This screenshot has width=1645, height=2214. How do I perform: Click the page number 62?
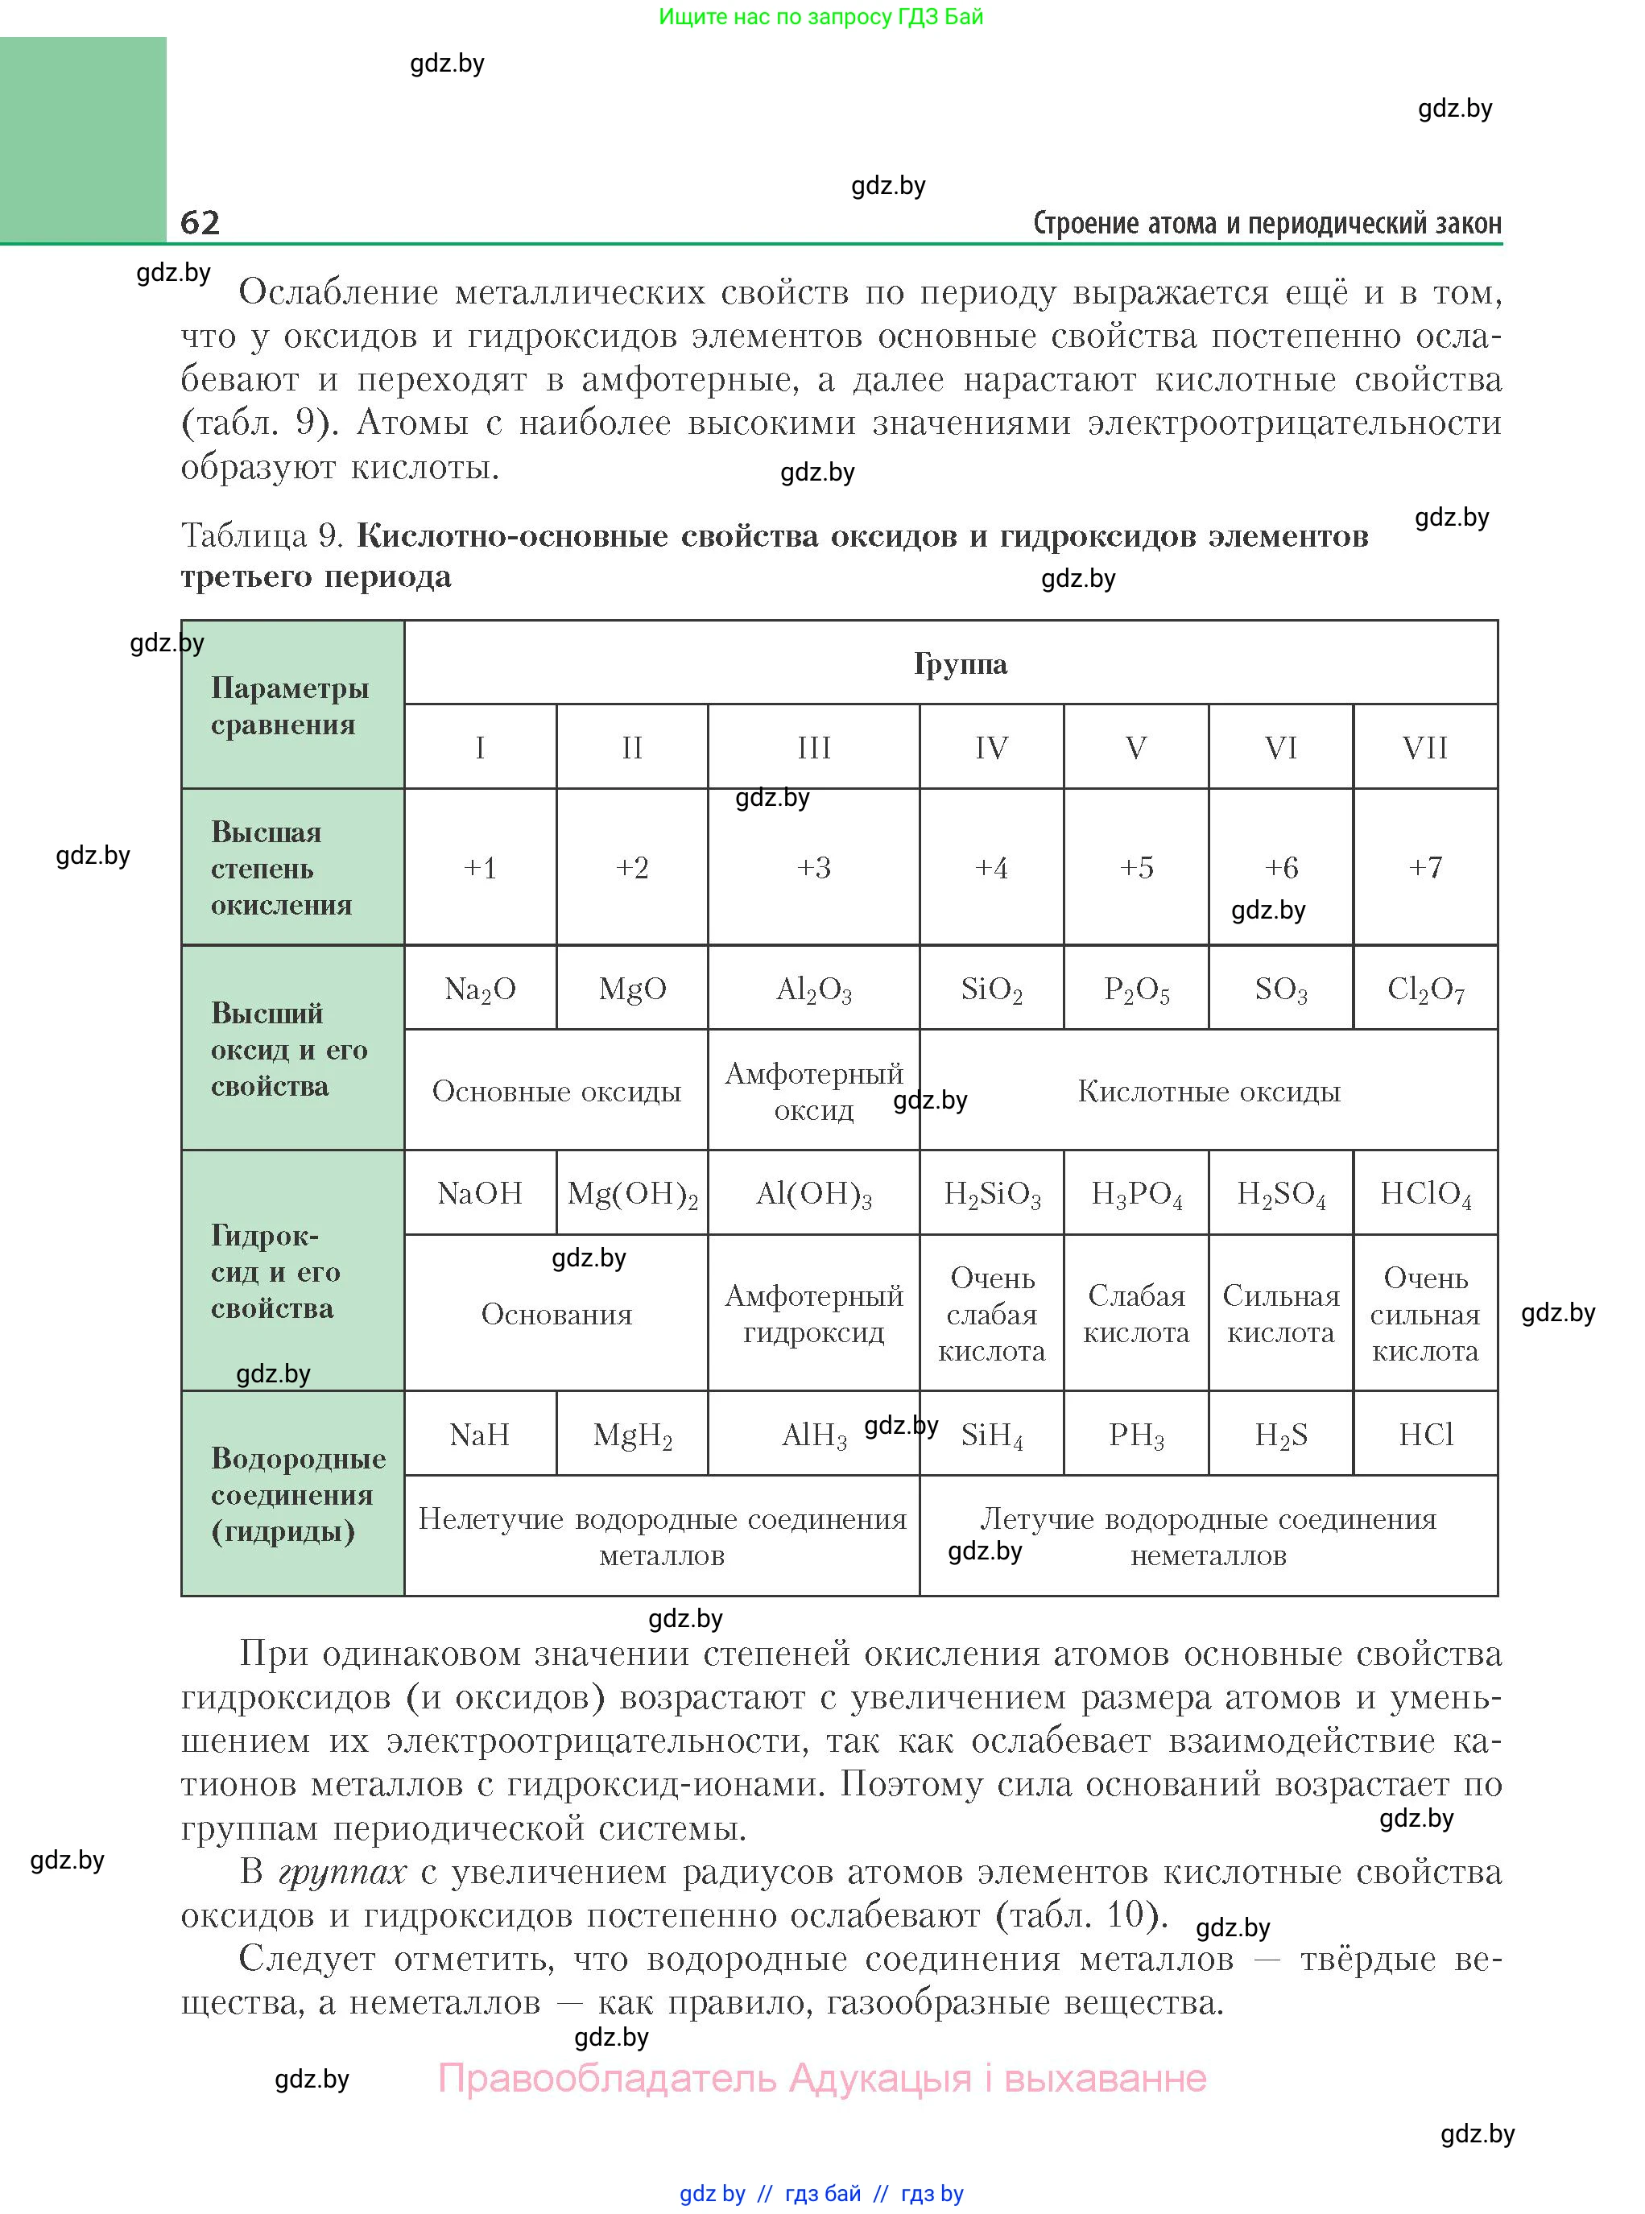click(200, 222)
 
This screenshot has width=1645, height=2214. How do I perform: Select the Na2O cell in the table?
click(480, 989)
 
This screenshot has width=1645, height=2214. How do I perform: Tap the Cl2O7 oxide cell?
click(1425, 989)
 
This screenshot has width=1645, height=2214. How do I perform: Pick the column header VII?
click(1425, 748)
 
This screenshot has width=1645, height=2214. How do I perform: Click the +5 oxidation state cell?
click(1136, 867)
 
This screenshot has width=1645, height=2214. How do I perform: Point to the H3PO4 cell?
click(1136, 1192)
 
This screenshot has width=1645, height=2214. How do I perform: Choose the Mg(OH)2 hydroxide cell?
click(632, 1192)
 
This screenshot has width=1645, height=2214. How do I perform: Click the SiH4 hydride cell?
click(992, 1435)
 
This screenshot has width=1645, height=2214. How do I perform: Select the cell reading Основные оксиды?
click(556, 1091)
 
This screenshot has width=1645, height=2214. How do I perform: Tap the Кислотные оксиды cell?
click(1209, 1091)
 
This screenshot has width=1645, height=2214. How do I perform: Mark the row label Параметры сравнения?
click(290, 706)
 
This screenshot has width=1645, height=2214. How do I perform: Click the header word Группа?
click(960, 663)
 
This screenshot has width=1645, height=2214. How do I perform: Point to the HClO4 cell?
click(1425, 1192)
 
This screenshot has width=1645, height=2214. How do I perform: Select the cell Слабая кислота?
click(1136, 1313)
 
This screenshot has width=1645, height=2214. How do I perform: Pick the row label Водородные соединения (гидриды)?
click(298, 1494)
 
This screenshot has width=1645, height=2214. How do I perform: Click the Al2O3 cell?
click(813, 989)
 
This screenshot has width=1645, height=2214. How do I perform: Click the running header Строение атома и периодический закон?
click(1267, 223)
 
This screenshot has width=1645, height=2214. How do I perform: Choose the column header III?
click(813, 748)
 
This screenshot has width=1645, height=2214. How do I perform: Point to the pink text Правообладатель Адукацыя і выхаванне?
click(823, 2078)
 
